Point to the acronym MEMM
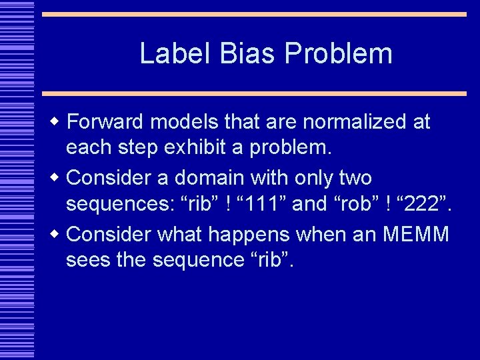point(417,234)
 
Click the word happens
point(259,234)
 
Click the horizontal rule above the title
point(254,14)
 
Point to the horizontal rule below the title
point(254,93)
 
